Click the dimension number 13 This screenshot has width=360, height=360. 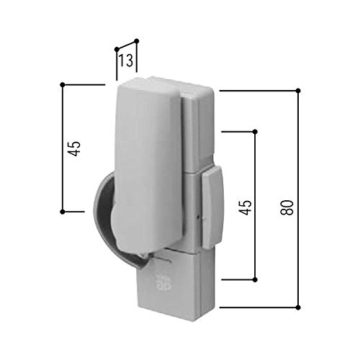point(126,60)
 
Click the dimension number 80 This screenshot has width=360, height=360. point(287,207)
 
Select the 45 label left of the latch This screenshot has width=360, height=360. point(74,148)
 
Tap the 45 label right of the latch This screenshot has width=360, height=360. point(246,207)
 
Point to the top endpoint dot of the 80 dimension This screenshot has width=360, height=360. point(298,91)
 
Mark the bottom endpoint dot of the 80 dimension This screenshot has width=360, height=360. point(298,307)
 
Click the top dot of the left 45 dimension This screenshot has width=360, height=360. point(63,85)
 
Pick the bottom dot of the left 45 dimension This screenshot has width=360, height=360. point(63,212)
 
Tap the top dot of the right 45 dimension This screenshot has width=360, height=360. point(255,132)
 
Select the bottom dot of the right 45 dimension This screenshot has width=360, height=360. point(255,280)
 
